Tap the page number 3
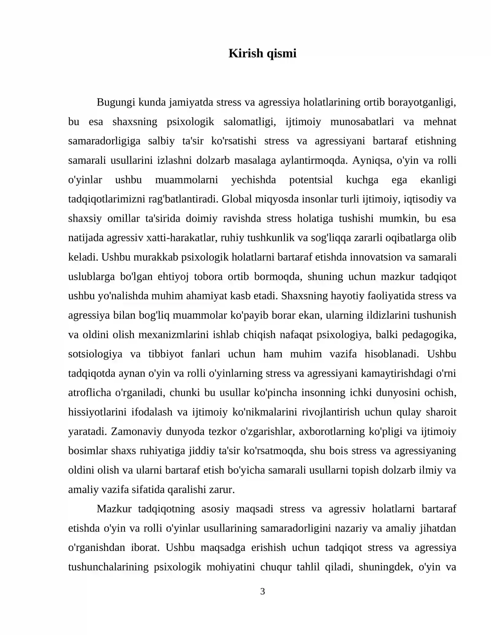coord(262,591)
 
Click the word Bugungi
coord(116,102)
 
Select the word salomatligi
coord(249,122)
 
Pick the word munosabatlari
coord(362,122)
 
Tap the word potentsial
coord(311,180)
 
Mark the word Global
coord(236,199)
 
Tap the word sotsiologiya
coord(95,354)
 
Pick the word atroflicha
coord(90,393)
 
